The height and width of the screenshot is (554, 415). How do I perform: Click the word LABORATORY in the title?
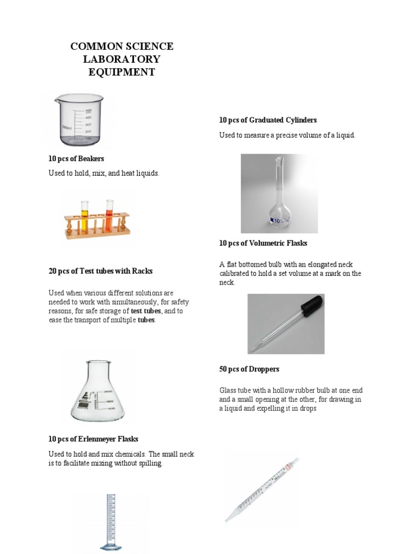coord(122,60)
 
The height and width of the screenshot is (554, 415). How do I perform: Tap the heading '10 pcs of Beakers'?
coord(76,159)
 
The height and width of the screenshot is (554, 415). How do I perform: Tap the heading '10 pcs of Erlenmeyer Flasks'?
coord(93,439)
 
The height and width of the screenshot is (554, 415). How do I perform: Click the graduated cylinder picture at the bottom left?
coord(110,523)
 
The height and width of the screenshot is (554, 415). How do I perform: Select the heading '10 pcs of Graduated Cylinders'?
coord(267,120)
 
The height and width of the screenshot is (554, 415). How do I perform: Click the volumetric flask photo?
coord(279,194)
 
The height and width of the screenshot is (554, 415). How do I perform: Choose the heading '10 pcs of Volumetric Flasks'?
coord(263,243)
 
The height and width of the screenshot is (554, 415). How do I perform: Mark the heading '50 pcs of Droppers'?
coord(249,369)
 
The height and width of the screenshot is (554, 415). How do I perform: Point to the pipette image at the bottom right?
coord(262,490)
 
